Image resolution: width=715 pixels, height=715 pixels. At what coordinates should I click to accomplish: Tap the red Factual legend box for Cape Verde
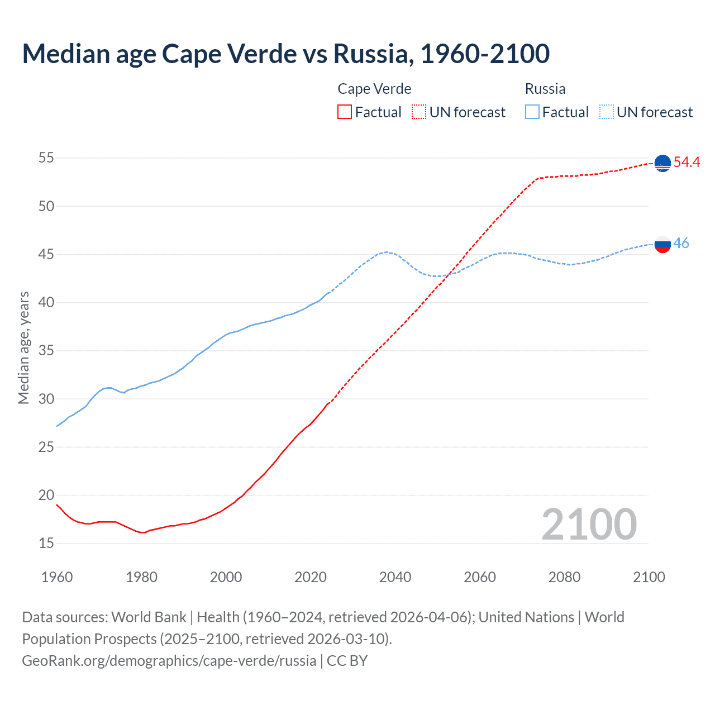click(345, 112)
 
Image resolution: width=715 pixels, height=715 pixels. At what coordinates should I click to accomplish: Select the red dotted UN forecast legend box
click(419, 112)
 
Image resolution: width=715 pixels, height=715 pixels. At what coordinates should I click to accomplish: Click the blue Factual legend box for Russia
click(532, 112)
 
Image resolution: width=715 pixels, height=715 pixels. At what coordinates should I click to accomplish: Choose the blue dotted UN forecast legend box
click(606, 112)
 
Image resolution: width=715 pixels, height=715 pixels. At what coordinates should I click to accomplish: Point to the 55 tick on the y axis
click(46, 158)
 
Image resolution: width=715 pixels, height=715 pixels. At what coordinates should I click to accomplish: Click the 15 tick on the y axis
click(46, 543)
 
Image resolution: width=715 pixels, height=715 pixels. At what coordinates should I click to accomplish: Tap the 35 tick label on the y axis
click(46, 351)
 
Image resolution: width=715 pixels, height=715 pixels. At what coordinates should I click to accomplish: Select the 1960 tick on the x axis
click(57, 577)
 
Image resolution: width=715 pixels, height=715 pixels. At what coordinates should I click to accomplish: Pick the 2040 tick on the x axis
click(395, 577)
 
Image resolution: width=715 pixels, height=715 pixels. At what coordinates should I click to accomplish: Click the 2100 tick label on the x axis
click(649, 577)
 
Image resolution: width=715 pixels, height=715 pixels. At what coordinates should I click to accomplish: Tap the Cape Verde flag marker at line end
click(662, 163)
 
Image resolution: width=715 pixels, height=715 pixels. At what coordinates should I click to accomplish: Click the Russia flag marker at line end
click(662, 244)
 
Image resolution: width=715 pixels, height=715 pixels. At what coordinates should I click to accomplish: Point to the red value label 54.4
click(687, 163)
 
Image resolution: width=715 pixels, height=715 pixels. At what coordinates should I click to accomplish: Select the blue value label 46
click(681, 244)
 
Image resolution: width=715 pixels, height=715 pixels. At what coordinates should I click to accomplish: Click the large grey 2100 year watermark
click(589, 524)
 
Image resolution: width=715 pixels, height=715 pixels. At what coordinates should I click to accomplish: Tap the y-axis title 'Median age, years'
click(23, 347)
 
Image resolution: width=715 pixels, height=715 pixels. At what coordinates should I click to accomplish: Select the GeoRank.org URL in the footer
click(169, 661)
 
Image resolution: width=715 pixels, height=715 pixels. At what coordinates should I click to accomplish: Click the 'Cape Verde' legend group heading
click(374, 89)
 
